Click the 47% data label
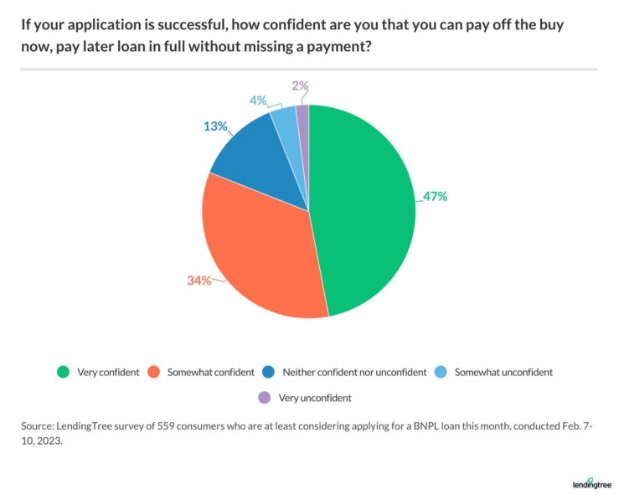click(436, 197)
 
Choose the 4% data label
click(257, 101)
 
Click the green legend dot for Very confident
click(62, 372)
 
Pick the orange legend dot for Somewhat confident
click(153, 372)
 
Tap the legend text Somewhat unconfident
click(503, 372)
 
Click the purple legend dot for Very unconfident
click(265, 397)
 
